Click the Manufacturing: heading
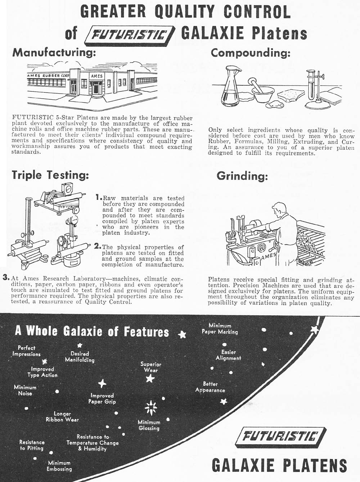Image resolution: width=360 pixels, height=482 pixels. pos(54,53)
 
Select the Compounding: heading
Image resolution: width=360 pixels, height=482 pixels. pos(251,53)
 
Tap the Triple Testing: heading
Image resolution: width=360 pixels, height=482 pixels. pos(50,175)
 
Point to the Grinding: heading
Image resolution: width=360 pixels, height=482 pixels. pos(242,176)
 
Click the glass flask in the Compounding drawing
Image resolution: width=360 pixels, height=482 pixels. pos(230,87)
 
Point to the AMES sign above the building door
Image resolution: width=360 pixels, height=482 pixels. pos(96,76)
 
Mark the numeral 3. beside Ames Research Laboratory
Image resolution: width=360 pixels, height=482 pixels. pos(5,278)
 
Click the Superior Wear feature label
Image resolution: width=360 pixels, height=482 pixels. pos(151,367)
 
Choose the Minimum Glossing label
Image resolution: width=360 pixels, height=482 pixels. pos(149,425)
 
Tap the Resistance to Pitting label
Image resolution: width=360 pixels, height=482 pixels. pos(32,445)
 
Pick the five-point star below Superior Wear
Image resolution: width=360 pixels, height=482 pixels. pos(150,378)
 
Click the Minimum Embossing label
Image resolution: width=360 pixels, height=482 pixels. pos(59,466)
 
